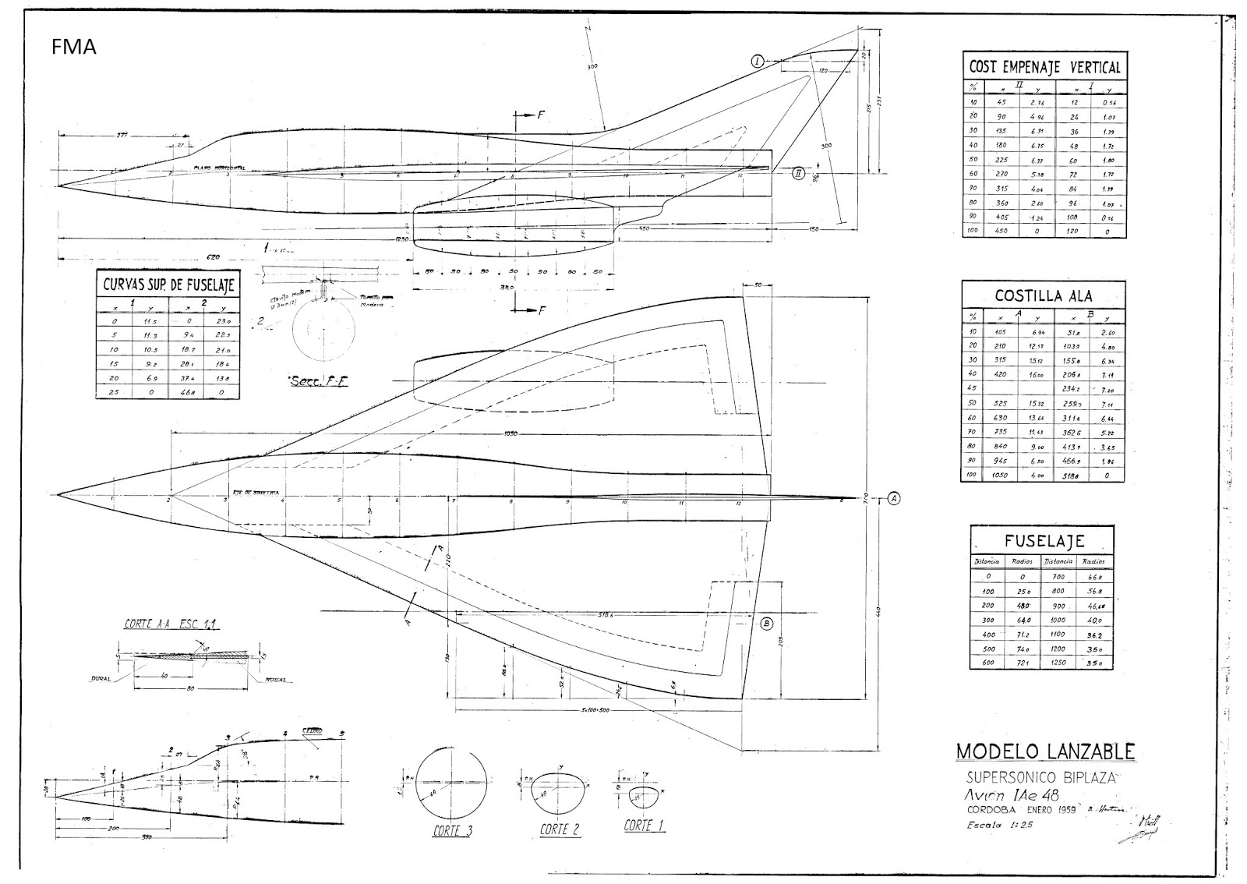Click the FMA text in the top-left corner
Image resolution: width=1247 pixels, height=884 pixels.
[74, 48]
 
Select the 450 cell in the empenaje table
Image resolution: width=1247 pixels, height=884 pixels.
[1002, 232]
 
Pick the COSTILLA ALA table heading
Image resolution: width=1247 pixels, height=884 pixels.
[1044, 295]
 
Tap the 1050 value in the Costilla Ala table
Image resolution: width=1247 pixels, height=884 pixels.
[1001, 475]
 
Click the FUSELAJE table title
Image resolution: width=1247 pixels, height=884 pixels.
[1044, 540]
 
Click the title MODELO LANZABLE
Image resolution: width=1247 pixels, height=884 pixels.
[1045, 751]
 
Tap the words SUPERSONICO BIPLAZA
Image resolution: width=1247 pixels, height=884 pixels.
[1041, 777]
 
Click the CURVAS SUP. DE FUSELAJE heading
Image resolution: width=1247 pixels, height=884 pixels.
[168, 285]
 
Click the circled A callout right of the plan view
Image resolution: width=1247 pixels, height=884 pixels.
[894, 497]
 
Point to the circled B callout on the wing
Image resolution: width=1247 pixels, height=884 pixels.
[766, 623]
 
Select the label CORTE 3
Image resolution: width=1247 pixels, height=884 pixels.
[452, 831]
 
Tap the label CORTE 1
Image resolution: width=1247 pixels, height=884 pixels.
[644, 826]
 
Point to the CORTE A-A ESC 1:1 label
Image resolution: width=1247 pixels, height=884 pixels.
[172, 624]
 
